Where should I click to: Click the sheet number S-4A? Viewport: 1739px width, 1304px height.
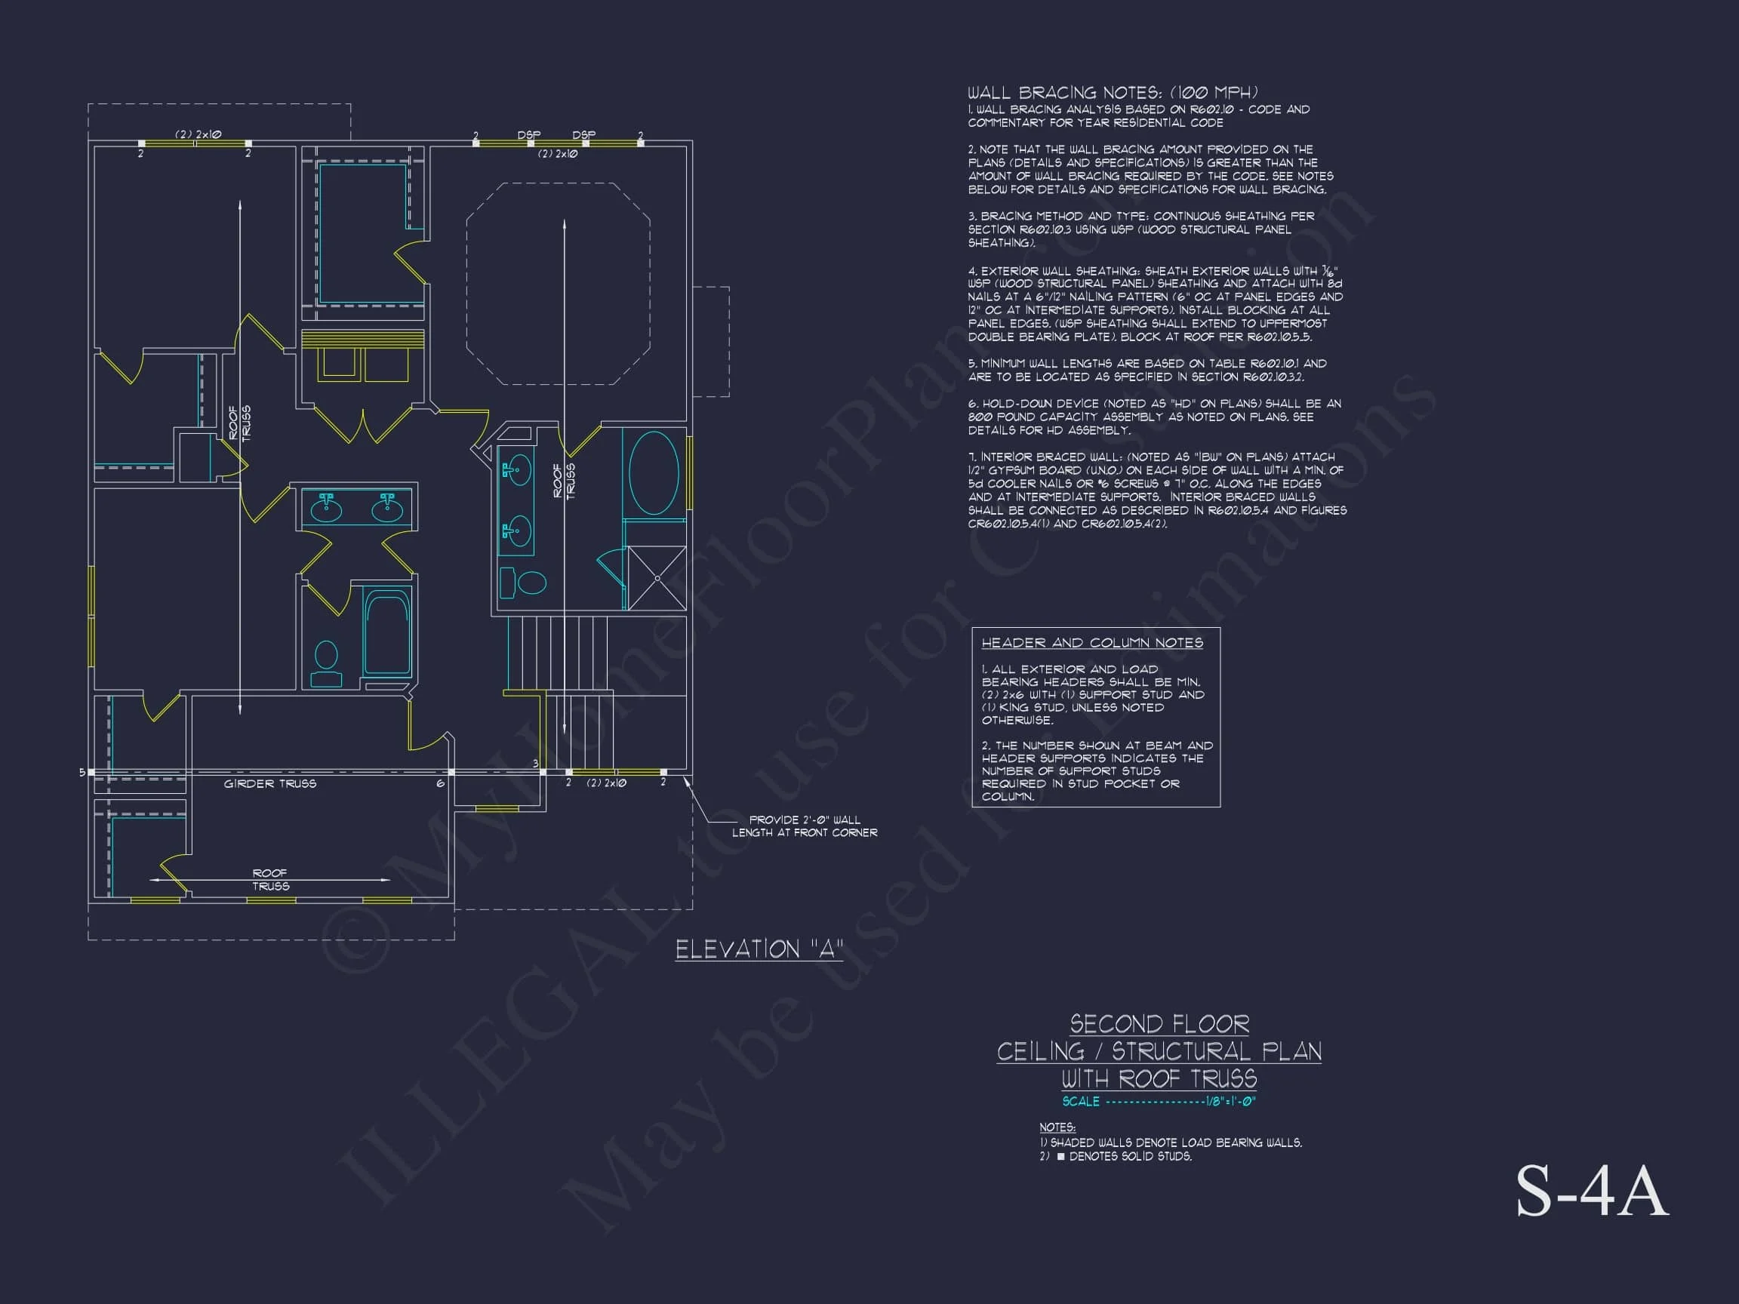click(x=1590, y=1192)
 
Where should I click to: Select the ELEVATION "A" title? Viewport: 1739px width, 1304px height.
click(x=759, y=949)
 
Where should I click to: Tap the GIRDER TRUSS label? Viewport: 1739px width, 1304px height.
click(x=269, y=783)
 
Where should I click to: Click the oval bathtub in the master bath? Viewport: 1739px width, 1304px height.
click(x=654, y=472)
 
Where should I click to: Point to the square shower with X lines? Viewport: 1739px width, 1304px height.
click(x=657, y=578)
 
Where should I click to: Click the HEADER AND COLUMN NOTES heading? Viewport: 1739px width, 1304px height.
click(x=1092, y=643)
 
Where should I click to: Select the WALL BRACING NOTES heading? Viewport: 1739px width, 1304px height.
click(x=1113, y=93)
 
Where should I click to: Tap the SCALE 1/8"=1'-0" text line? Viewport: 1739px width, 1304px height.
click(x=1159, y=1101)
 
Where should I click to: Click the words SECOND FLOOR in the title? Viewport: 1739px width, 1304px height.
click(x=1159, y=1024)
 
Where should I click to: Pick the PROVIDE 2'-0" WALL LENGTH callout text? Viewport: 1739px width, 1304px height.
click(x=805, y=826)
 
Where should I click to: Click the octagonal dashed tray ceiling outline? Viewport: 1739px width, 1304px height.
click(x=559, y=284)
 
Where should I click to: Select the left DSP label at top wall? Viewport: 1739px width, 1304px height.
click(x=529, y=135)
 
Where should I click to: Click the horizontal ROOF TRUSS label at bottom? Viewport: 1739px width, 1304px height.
click(x=270, y=880)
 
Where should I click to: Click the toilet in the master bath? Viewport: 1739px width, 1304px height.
click(x=525, y=583)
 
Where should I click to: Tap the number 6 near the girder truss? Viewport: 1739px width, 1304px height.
click(x=440, y=783)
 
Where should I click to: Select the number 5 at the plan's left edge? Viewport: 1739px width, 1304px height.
click(x=82, y=773)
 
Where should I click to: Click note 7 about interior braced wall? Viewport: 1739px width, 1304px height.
click(x=1156, y=490)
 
